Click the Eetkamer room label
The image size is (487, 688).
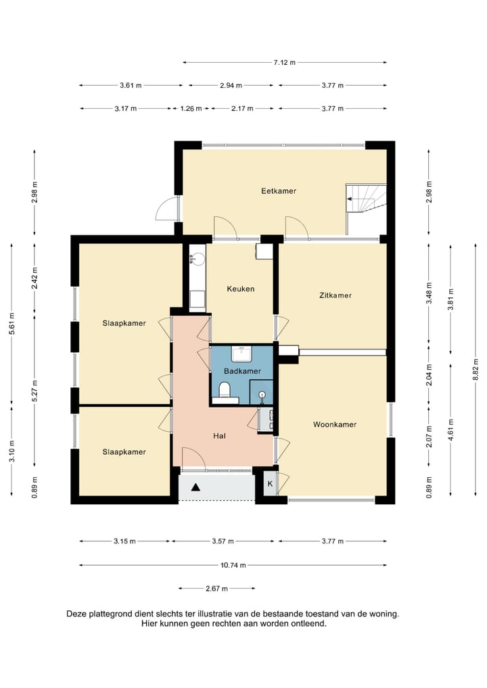pos(279,191)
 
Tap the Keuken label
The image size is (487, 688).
pos(241,289)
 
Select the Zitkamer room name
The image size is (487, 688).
pos(335,295)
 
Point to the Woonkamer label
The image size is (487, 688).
pos(335,424)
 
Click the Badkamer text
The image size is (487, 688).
pos(242,371)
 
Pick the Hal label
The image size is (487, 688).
pos(220,436)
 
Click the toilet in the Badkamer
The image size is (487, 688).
pos(225,389)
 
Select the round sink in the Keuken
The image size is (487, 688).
pos(198,258)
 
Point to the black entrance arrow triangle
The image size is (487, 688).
pos(195,487)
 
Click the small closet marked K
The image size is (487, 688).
pos(271,483)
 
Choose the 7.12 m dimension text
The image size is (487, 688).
pos(285,62)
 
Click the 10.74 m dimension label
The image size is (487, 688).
pos(233,565)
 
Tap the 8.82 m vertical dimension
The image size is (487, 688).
pos(476,370)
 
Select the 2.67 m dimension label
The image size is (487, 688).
pos(216,589)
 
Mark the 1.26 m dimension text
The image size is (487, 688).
pos(191,108)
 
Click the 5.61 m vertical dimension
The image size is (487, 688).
pos(12,323)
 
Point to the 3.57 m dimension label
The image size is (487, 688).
pos(223,541)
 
